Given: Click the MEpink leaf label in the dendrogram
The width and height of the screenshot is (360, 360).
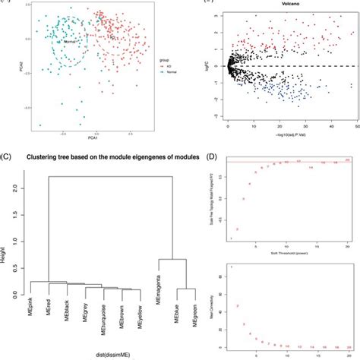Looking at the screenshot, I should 31,314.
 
